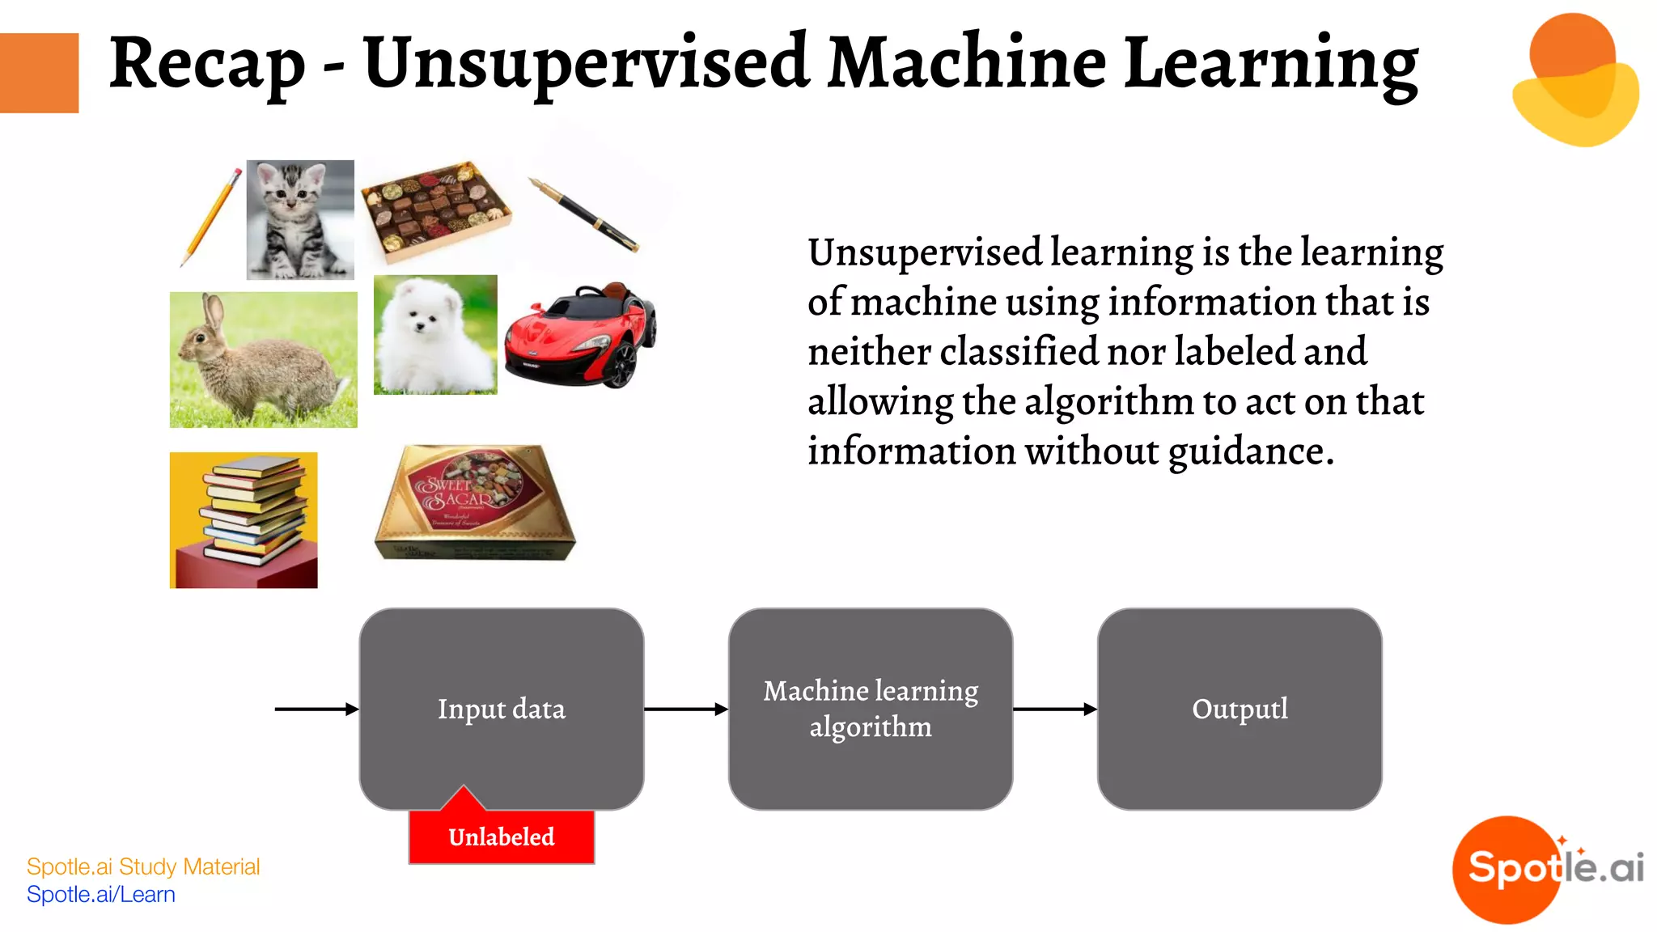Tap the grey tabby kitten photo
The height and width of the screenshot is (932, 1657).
(300, 219)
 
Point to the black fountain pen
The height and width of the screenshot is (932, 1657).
(584, 215)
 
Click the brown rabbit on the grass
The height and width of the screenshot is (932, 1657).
(263, 360)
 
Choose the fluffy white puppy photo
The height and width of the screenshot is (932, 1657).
(435, 335)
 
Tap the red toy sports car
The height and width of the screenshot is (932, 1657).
(580, 335)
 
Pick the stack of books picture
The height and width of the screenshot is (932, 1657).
(244, 520)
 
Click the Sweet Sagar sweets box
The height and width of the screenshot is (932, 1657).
(475, 502)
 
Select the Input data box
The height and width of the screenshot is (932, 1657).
(502, 709)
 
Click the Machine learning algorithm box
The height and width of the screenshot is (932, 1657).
(871, 709)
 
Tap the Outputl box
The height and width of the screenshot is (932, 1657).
(1240, 709)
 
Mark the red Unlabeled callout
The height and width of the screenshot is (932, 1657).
(502, 837)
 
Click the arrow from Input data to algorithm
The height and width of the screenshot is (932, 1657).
(686, 710)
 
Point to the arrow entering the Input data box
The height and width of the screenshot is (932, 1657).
(316, 710)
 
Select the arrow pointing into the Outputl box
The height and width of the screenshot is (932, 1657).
(1055, 710)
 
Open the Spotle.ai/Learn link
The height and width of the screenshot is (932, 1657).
(101, 895)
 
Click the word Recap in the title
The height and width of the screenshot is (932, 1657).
(207, 65)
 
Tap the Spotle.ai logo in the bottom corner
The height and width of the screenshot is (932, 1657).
(1548, 869)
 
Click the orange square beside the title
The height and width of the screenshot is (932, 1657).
(39, 73)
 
